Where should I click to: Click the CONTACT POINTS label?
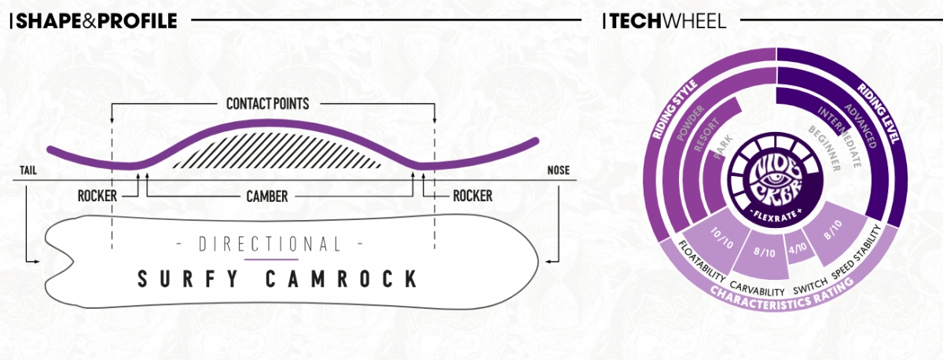coord(268,104)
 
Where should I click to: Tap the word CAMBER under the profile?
coord(267,197)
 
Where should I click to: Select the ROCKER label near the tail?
coord(97,197)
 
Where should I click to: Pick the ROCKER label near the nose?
coord(472,196)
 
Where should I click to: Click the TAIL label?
coord(28,171)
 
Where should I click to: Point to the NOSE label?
coord(558,170)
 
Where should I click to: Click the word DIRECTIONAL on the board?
coord(270,244)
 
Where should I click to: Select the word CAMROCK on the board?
coord(342,279)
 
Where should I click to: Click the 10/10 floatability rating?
coord(721,238)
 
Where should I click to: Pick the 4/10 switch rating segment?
coord(798,248)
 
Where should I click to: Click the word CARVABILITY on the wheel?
coord(757,289)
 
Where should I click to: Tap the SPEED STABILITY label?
coord(857,252)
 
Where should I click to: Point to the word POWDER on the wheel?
coord(691,123)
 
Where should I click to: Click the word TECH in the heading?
coord(636,21)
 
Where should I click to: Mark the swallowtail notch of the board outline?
coord(72,262)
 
